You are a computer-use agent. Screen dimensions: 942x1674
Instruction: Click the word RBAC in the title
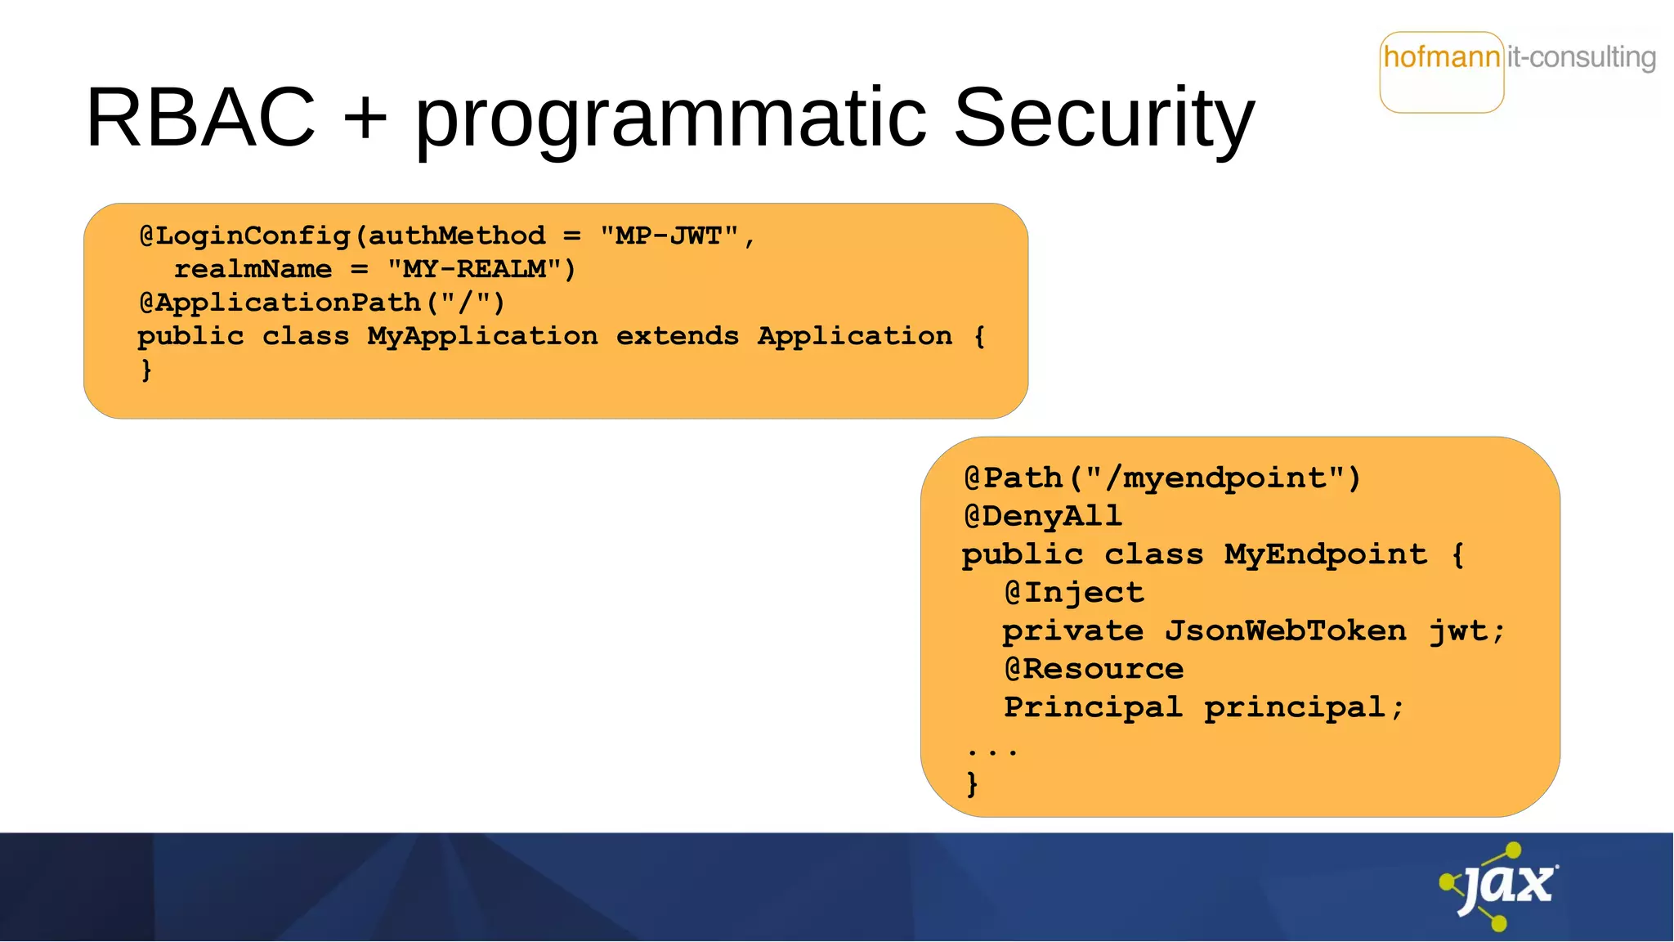click(200, 119)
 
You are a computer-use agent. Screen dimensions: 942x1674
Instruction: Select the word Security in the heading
click(1103, 119)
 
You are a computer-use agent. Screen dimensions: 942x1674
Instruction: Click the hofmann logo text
click(1442, 58)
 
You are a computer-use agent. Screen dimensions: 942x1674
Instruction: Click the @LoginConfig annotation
click(245, 236)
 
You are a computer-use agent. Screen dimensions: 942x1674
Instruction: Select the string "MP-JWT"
click(669, 236)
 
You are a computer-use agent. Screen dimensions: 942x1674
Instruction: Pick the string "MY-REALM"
click(474, 270)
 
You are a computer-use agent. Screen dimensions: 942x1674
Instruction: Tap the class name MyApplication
click(482, 337)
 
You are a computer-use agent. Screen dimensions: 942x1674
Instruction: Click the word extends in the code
click(677, 337)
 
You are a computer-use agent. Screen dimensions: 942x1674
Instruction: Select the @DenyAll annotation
click(1043, 517)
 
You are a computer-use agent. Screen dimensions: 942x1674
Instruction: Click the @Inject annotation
click(1074, 593)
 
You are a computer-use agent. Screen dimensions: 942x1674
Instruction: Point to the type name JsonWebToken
click(1286, 631)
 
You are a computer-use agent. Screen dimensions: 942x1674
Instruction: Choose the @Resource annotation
click(1094, 670)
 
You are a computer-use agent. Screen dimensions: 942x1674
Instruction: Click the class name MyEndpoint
click(1325, 555)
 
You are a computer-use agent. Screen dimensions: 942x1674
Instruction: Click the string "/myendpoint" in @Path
click(1215, 478)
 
